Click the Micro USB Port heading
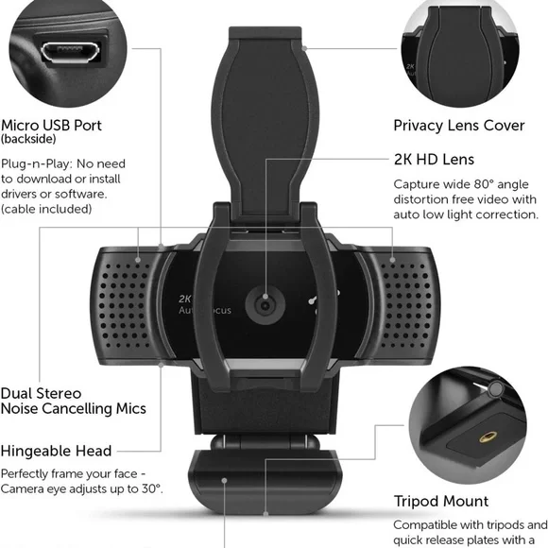point(51,125)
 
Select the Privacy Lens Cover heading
point(459,125)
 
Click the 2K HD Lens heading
point(434,160)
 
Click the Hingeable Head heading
point(56,451)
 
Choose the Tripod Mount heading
point(440,501)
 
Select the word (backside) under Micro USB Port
point(28,140)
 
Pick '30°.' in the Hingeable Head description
point(149,488)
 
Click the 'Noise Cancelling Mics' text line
point(74,408)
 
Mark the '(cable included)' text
point(46,209)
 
